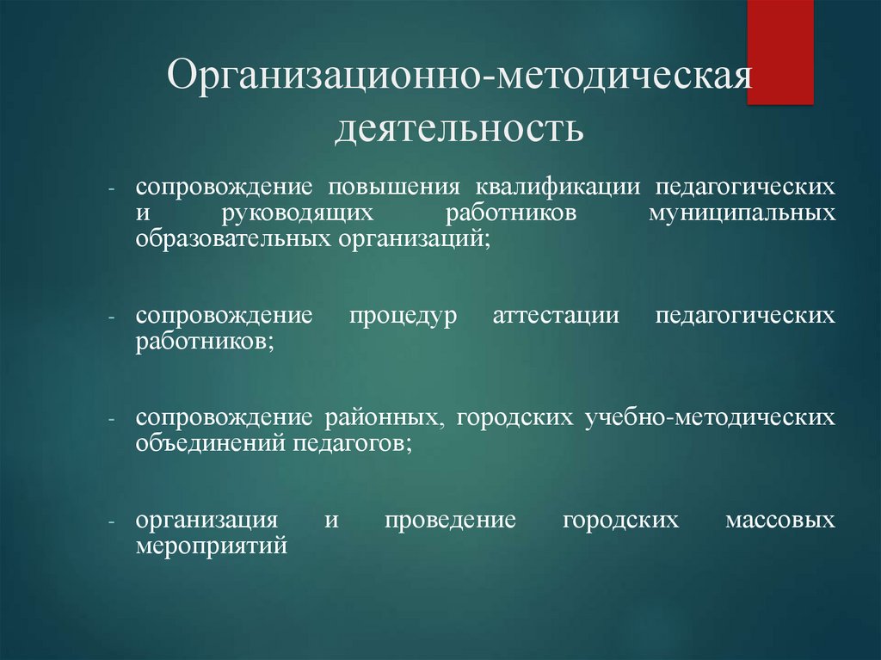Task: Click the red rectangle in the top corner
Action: pyautogui.click(x=779, y=52)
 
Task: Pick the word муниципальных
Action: pyautogui.click(x=742, y=213)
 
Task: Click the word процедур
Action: pyautogui.click(x=404, y=315)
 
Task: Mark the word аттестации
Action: pyautogui.click(x=557, y=315)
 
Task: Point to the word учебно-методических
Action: pyautogui.click(x=710, y=418)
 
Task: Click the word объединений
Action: pyautogui.click(x=201, y=442)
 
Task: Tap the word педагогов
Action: pyautogui.click(x=342, y=442)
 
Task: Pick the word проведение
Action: pyautogui.click(x=450, y=521)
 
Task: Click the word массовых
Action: pyautogui.click(x=779, y=521)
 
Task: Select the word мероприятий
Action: pyautogui.click(x=210, y=545)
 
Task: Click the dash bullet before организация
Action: pyautogui.click(x=112, y=522)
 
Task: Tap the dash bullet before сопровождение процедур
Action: pyautogui.click(x=112, y=317)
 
